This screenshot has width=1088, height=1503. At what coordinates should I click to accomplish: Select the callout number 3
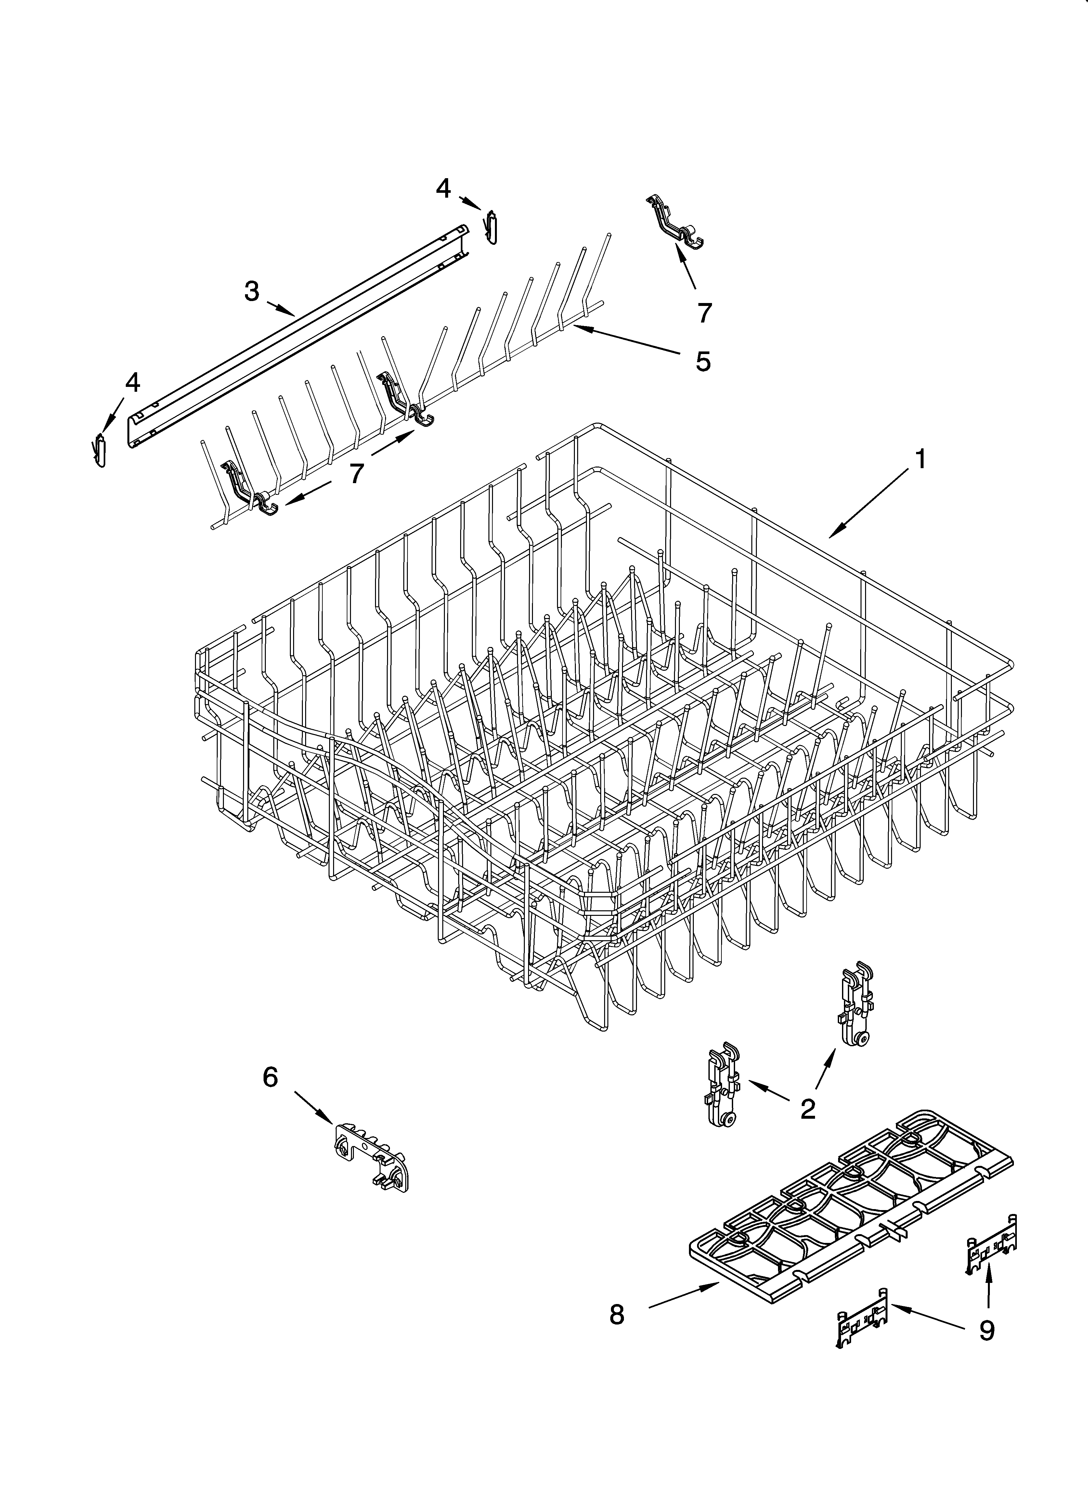click(252, 291)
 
